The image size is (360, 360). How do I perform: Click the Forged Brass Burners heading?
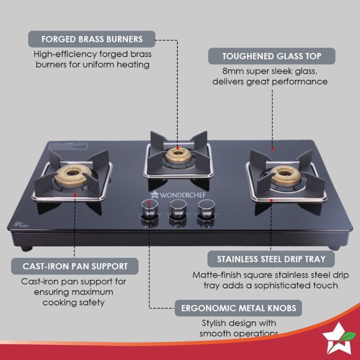(x=92, y=39)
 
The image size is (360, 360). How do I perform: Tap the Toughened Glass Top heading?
(x=271, y=56)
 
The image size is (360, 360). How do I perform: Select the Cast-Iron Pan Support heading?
(x=75, y=266)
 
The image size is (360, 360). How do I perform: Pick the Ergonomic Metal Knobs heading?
(x=238, y=309)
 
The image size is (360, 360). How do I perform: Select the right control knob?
(x=204, y=208)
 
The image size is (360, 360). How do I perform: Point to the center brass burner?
(x=177, y=154)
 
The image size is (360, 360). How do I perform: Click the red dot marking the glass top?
(x=273, y=148)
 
